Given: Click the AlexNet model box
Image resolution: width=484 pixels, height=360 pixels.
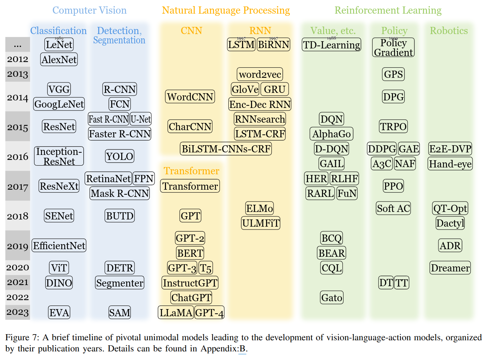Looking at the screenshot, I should click(x=59, y=60).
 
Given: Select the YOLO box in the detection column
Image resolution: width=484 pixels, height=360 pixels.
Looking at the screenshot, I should click(x=120, y=156).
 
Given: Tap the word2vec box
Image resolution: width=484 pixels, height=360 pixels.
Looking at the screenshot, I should click(x=260, y=75).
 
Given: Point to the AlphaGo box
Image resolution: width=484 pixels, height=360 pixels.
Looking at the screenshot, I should click(x=331, y=134).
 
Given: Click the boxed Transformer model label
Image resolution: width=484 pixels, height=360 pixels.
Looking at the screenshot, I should click(x=190, y=186).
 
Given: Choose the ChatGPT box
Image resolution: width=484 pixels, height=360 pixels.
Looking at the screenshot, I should click(x=191, y=298).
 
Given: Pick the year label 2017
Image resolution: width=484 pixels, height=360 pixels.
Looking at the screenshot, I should click(x=18, y=187).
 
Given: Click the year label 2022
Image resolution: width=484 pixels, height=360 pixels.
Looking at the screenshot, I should click(x=18, y=297).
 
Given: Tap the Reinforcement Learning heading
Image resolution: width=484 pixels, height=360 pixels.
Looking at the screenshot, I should click(x=388, y=10).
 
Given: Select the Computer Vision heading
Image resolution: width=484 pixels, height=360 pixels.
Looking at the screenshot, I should click(x=90, y=10).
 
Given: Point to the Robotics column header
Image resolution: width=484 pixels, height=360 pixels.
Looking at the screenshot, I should click(x=449, y=31).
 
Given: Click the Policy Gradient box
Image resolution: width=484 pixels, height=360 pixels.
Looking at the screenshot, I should click(x=393, y=48).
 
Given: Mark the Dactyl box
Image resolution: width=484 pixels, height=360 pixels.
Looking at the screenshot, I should click(x=450, y=223).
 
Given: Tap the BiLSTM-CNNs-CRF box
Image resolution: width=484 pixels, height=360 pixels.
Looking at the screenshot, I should click(x=226, y=149).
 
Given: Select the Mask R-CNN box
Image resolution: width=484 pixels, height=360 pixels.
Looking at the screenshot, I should click(x=120, y=194).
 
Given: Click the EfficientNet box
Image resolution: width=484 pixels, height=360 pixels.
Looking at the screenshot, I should click(x=59, y=246).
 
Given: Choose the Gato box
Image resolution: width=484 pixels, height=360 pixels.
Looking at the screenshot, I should click(x=332, y=298).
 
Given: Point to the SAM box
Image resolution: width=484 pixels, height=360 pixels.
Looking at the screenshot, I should click(x=120, y=313).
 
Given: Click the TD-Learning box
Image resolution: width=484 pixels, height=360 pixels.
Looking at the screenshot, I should click(x=331, y=45).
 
